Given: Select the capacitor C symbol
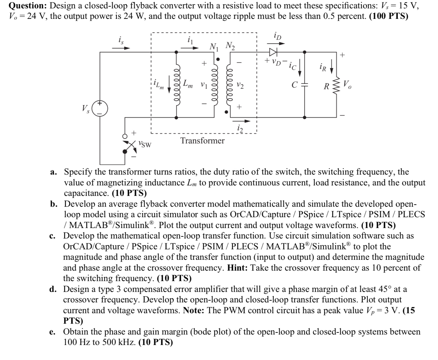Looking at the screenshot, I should click(304, 84).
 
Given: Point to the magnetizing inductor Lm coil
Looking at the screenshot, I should click(177, 84).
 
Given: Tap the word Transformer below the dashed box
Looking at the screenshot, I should click(202, 141).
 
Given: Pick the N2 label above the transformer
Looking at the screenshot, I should click(230, 46).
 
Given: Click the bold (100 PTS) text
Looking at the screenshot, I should click(388, 17).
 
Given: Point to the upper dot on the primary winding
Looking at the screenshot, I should click(218, 59).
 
